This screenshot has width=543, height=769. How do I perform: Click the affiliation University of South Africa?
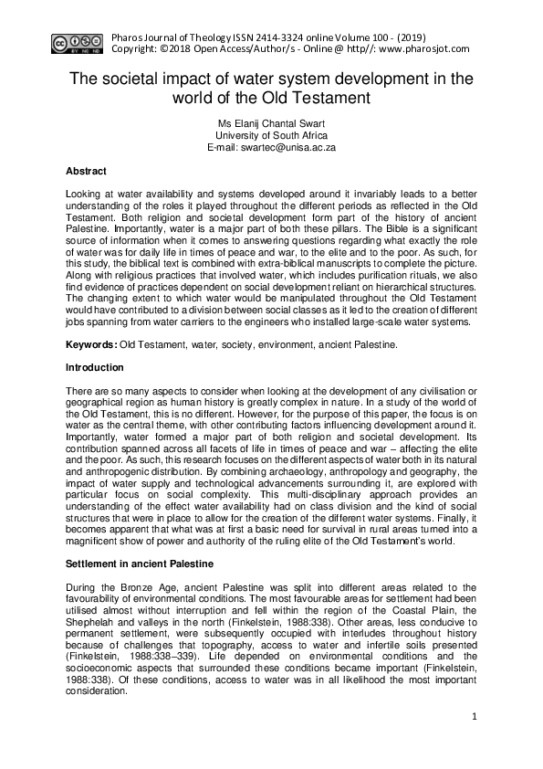click(x=271, y=134)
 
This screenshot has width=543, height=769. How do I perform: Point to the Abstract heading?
click(x=86, y=171)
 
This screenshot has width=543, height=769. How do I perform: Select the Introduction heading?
click(x=95, y=368)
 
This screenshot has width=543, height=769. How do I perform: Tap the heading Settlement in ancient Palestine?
click(x=139, y=564)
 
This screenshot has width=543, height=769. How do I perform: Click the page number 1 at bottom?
click(x=475, y=718)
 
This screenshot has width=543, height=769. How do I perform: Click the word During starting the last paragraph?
click(x=83, y=585)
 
